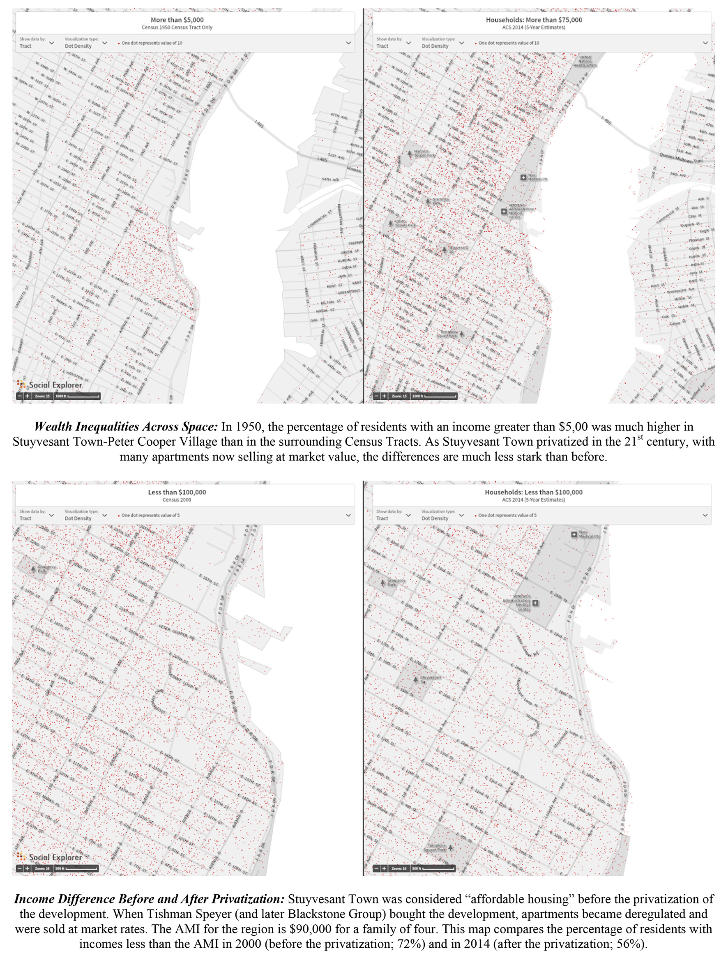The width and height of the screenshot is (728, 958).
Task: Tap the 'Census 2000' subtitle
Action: pos(176,500)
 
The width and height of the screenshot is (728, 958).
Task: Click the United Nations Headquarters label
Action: pos(585,61)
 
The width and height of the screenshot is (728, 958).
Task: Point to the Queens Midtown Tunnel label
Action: pos(687,158)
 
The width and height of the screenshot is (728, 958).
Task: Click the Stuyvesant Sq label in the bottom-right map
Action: pos(430,679)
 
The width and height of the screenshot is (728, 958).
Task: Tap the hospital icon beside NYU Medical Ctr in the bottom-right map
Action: pos(574,534)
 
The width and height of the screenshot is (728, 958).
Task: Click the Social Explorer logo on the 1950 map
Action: pos(49,385)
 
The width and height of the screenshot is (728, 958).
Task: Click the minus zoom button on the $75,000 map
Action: pos(376,396)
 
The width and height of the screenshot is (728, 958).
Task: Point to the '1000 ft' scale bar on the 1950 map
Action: pos(78,396)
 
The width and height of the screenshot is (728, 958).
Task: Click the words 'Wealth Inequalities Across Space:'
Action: pos(126,427)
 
